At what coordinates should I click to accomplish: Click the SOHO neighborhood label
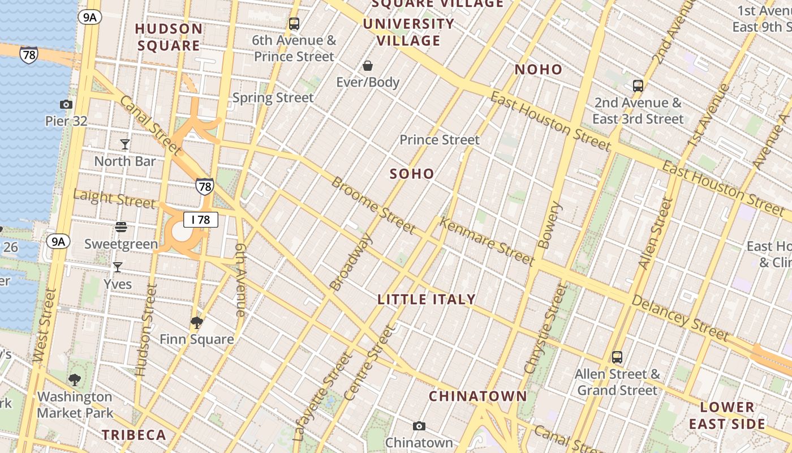412,174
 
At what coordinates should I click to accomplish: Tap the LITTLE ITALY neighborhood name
427,300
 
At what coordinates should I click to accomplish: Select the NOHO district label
539,70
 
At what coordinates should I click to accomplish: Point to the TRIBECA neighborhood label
134,435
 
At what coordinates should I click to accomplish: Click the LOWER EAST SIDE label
727,416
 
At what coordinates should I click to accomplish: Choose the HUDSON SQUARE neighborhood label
169,37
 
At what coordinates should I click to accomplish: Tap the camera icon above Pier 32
66,104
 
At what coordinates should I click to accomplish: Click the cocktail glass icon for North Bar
125,144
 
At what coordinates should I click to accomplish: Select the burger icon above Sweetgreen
120,227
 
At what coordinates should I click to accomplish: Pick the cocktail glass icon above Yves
118,267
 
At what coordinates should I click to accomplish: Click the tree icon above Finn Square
197,323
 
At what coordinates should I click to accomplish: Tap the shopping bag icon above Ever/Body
368,66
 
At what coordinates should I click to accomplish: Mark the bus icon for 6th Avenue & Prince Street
294,24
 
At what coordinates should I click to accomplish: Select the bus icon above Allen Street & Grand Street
617,357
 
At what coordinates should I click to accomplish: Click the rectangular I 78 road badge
201,220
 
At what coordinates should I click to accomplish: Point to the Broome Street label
373,205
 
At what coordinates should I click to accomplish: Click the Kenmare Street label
487,241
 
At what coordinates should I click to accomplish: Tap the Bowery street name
549,225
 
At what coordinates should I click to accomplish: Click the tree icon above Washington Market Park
75,379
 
